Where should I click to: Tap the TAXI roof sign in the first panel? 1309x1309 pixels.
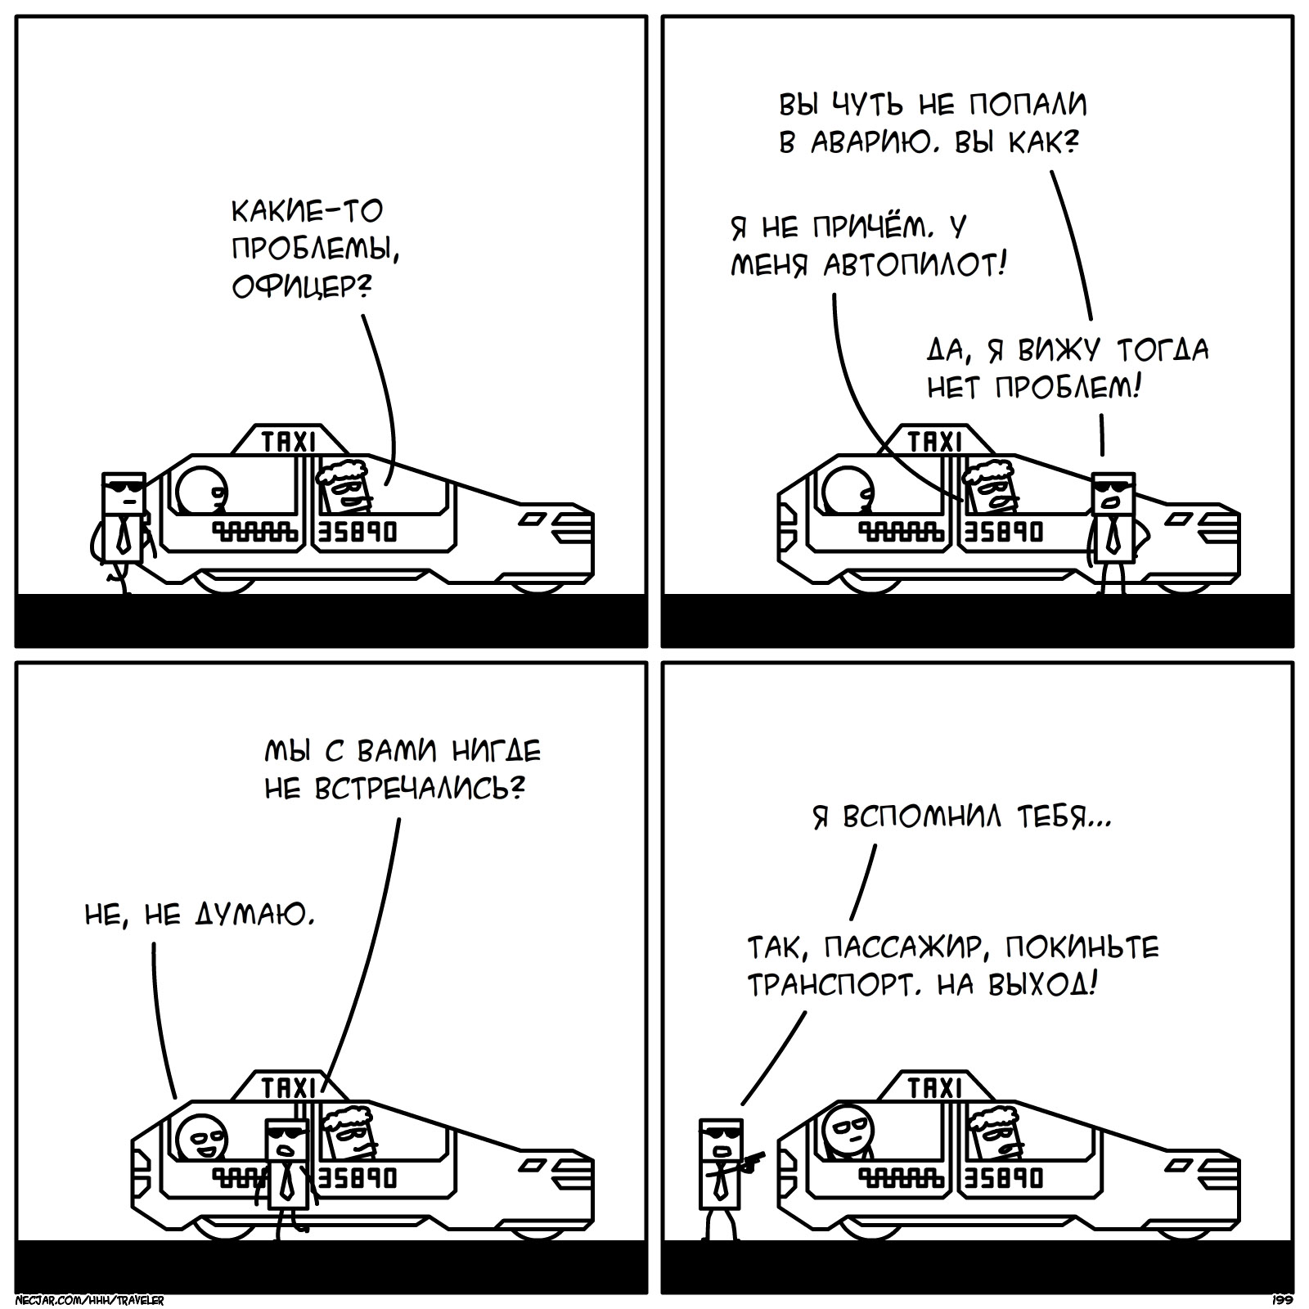click(288, 442)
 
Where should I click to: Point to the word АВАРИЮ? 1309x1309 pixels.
click(869, 143)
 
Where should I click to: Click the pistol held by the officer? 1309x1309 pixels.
click(752, 1162)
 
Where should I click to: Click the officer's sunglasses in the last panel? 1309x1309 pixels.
click(720, 1135)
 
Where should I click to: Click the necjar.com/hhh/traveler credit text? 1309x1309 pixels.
click(90, 1300)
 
